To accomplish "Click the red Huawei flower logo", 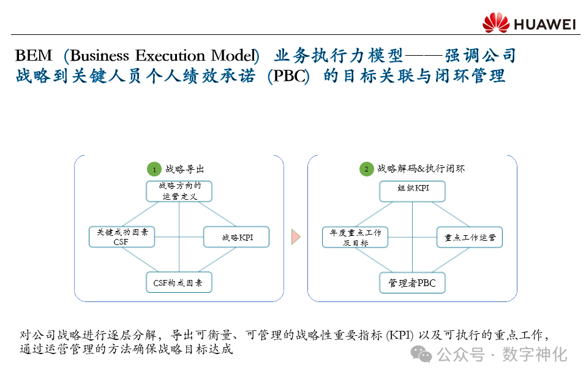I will [495, 23].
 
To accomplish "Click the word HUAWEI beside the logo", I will [544, 25].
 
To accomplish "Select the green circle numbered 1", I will [154, 169].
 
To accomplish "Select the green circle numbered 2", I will [366, 169].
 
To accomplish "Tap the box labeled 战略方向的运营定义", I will [179, 191].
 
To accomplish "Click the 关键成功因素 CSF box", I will [121, 237].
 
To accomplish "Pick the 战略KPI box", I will [236, 237].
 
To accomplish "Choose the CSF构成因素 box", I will [179, 283].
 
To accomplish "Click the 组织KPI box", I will [412, 191].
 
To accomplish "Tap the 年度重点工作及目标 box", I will [355, 237].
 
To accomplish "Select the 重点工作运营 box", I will [470, 237].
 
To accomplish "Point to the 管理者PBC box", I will [412, 283].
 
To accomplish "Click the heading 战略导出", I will [184, 169].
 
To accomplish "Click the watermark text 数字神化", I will [535, 354].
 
